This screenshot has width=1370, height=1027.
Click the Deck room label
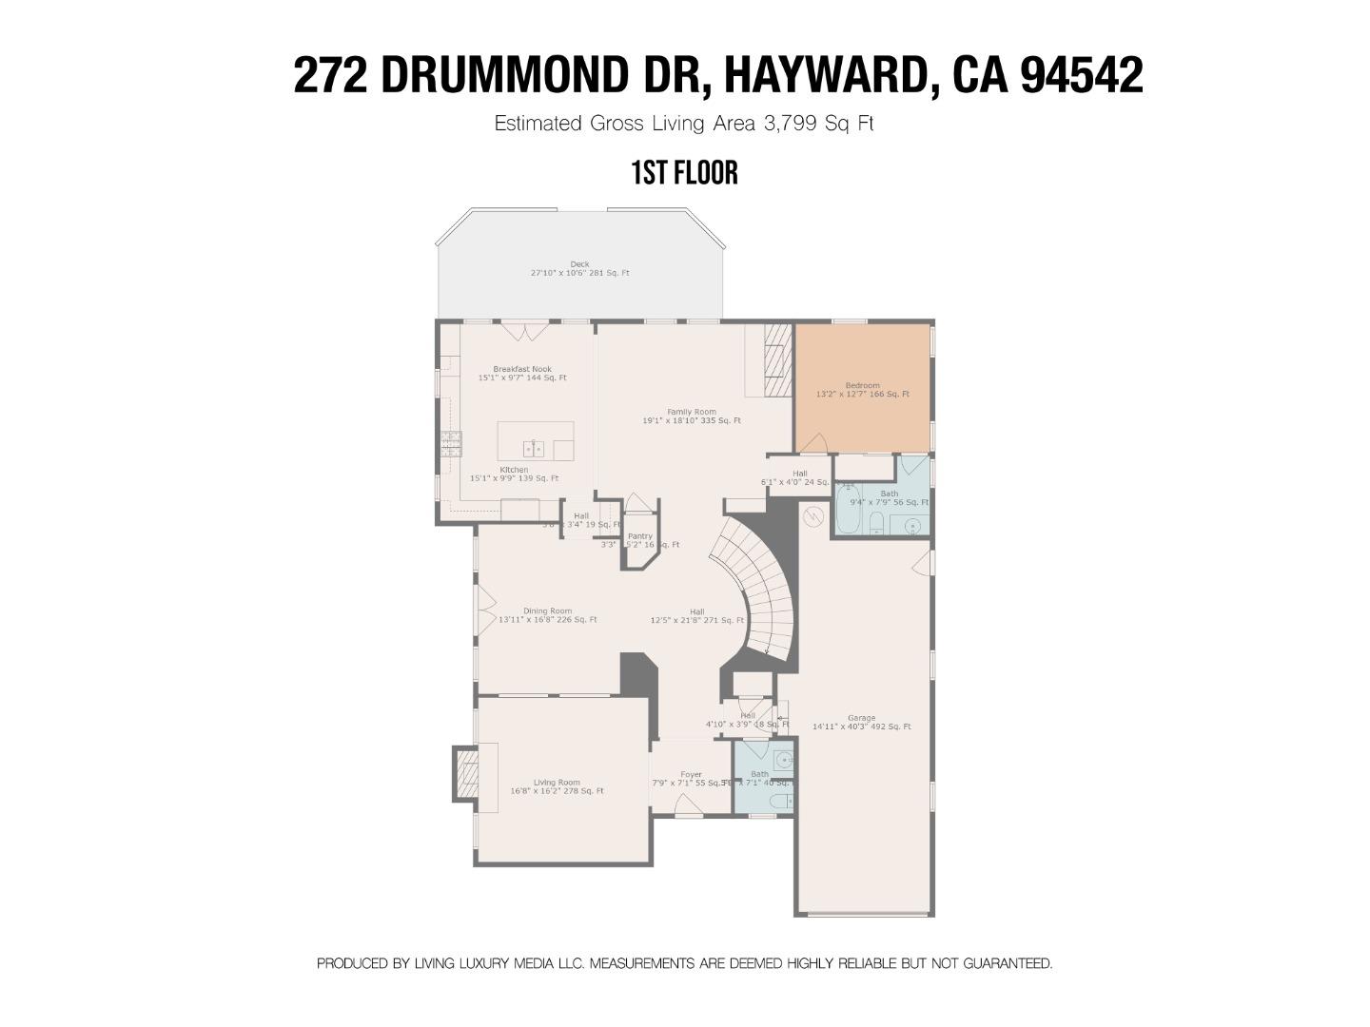pos(579,264)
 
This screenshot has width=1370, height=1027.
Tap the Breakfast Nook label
pos(521,370)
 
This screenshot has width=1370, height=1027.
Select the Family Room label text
pos(692,412)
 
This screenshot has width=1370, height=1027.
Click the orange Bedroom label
pos(862,386)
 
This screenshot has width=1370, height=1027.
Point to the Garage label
pos(861,719)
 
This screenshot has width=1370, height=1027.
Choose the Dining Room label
pos(547,611)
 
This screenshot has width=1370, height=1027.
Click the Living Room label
pos(557,783)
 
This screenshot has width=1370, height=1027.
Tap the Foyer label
pos(691,775)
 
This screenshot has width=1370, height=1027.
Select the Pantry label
pos(639,537)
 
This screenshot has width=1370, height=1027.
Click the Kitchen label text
pos(514,470)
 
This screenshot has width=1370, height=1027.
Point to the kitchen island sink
pos(533,447)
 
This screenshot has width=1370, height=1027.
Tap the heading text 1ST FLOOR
pos(684,173)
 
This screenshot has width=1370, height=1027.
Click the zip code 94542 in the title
pos(1082,75)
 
